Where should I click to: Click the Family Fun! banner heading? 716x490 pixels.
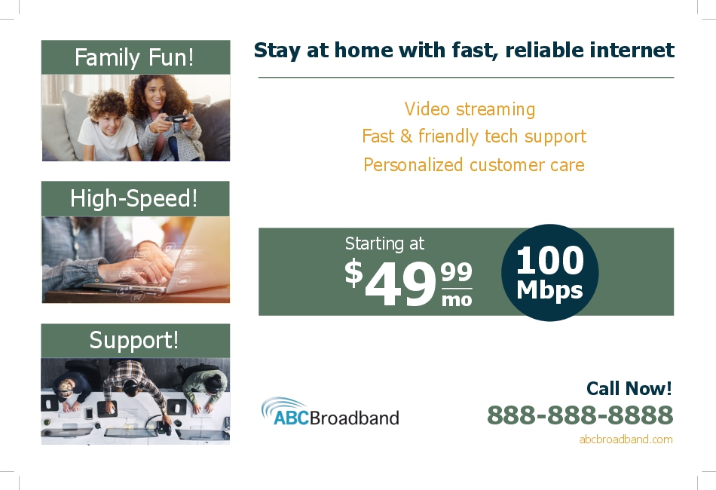tap(134, 57)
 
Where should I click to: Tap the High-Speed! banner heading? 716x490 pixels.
tap(134, 199)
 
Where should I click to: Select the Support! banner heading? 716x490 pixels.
tap(134, 340)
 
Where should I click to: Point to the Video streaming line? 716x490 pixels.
tap(470, 109)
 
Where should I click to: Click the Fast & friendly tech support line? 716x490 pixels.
tap(474, 136)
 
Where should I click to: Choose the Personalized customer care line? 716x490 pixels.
tap(474, 164)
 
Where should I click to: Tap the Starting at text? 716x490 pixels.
tap(384, 243)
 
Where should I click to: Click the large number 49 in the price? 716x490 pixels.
tap(401, 284)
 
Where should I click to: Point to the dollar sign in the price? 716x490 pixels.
tap(353, 273)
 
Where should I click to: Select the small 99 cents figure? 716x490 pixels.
tap(456, 271)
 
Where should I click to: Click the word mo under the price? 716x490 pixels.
tap(457, 299)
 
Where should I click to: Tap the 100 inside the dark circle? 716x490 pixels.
tap(549, 260)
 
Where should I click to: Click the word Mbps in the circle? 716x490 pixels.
tap(549, 290)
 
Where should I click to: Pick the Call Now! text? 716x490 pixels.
tap(629, 388)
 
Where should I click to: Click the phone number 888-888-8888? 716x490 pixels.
tap(580, 415)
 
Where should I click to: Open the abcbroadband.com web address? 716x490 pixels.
tap(626, 439)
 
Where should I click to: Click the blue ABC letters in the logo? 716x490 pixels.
tap(292, 418)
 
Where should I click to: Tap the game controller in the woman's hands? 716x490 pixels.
tap(176, 119)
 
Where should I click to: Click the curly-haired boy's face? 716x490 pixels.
tap(109, 122)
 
